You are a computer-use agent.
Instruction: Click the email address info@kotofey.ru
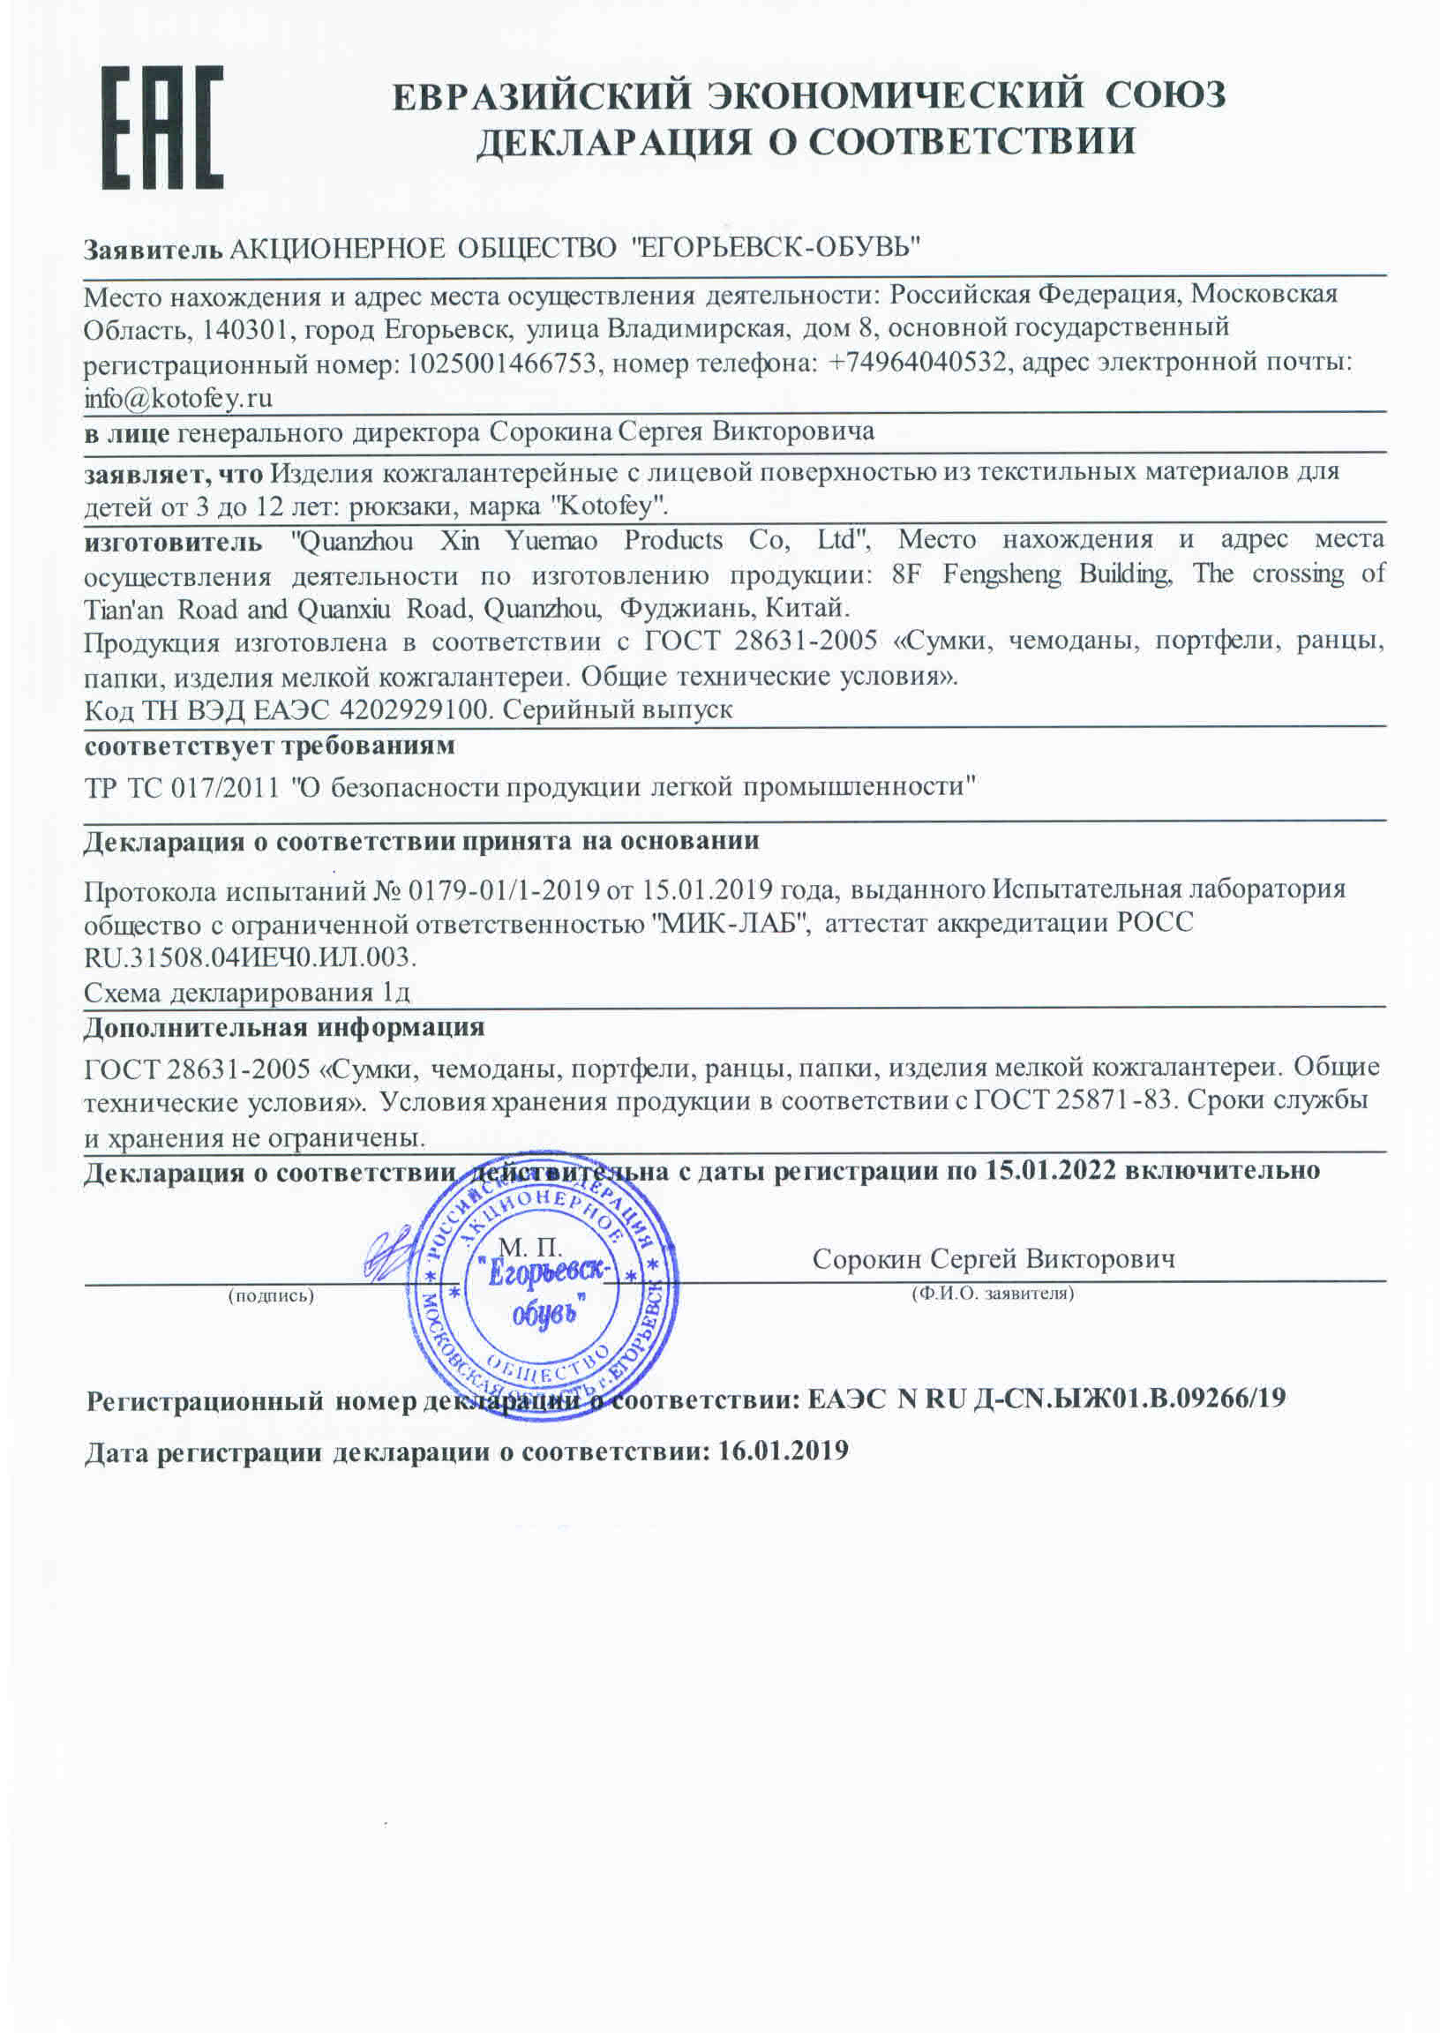coord(177,398)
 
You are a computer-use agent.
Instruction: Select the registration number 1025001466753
coord(501,364)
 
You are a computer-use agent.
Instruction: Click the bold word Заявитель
coord(153,249)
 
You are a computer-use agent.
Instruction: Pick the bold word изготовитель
coord(173,541)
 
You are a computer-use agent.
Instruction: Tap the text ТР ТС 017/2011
coord(181,787)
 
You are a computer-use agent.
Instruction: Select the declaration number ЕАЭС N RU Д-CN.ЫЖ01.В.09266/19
coord(1046,1399)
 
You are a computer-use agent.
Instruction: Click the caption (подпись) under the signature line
coord(272,1295)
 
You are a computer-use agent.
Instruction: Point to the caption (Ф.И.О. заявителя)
coord(994,1294)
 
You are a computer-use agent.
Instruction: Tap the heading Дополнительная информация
coord(284,1028)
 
